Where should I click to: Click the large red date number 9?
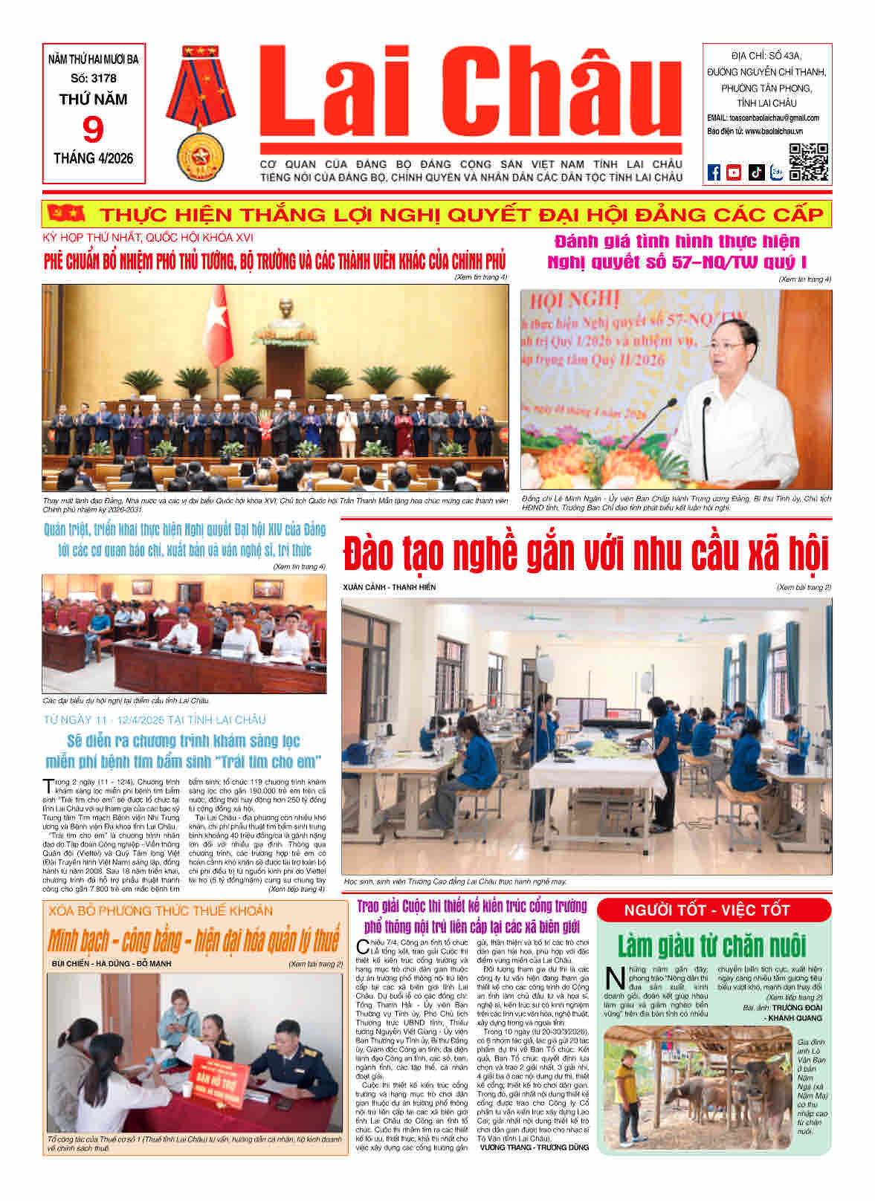(93, 129)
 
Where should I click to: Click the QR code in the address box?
(808, 162)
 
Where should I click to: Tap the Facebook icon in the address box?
(714, 172)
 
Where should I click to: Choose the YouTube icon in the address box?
(734, 172)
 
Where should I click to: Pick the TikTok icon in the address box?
(756, 172)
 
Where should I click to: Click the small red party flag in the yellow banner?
(55, 214)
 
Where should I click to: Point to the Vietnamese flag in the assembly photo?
(219, 326)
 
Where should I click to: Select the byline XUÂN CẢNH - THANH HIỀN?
(390, 587)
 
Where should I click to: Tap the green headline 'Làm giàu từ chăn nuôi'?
(711, 945)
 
